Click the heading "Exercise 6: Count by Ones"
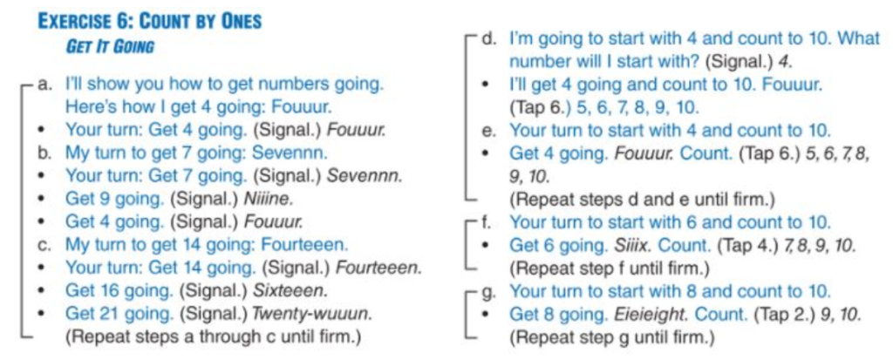click(x=149, y=22)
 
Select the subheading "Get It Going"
click(x=110, y=47)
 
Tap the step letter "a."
click(x=44, y=85)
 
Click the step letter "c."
click(x=44, y=245)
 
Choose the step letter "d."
click(x=488, y=39)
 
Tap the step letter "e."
click(x=488, y=131)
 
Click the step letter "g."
click(x=488, y=291)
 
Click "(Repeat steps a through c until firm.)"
click(x=214, y=336)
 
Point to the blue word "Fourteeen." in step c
click(x=304, y=245)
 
